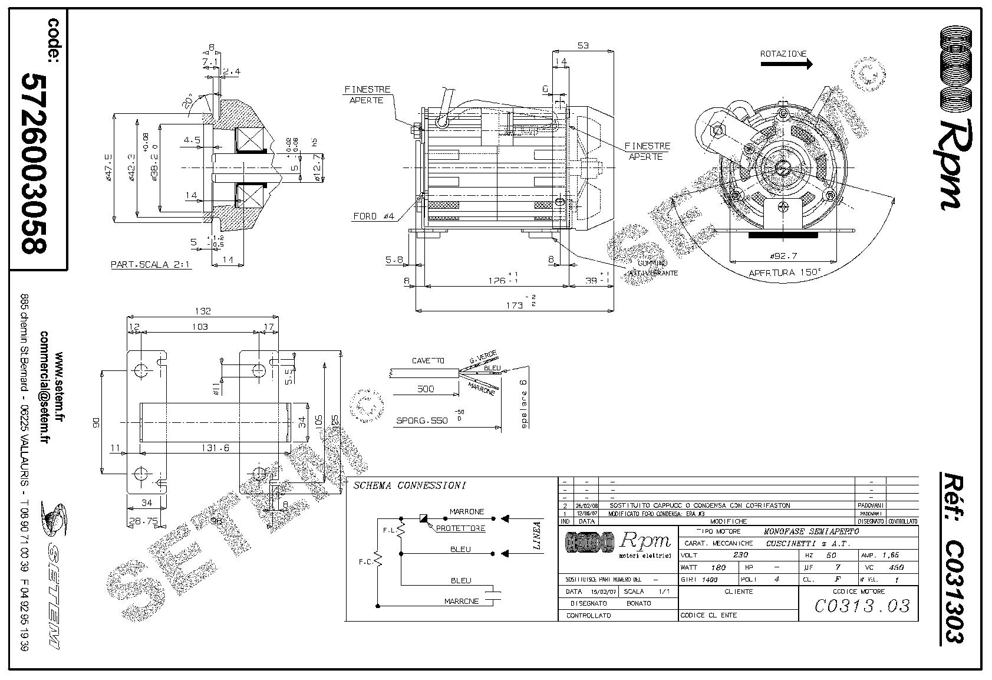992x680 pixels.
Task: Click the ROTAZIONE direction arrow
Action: click(x=786, y=64)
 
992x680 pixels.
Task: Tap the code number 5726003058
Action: click(x=34, y=163)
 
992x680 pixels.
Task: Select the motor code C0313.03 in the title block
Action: click(x=862, y=606)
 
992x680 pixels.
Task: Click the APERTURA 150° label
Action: click(x=785, y=273)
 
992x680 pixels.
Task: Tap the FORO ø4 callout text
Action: click(x=374, y=216)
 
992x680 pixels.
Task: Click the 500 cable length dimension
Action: click(x=425, y=389)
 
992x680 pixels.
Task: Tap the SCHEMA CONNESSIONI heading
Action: click(x=410, y=486)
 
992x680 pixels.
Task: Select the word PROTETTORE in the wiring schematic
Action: click(x=460, y=528)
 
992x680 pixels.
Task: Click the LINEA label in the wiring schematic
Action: click(x=537, y=536)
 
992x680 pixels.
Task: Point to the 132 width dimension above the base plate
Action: click(x=203, y=311)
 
